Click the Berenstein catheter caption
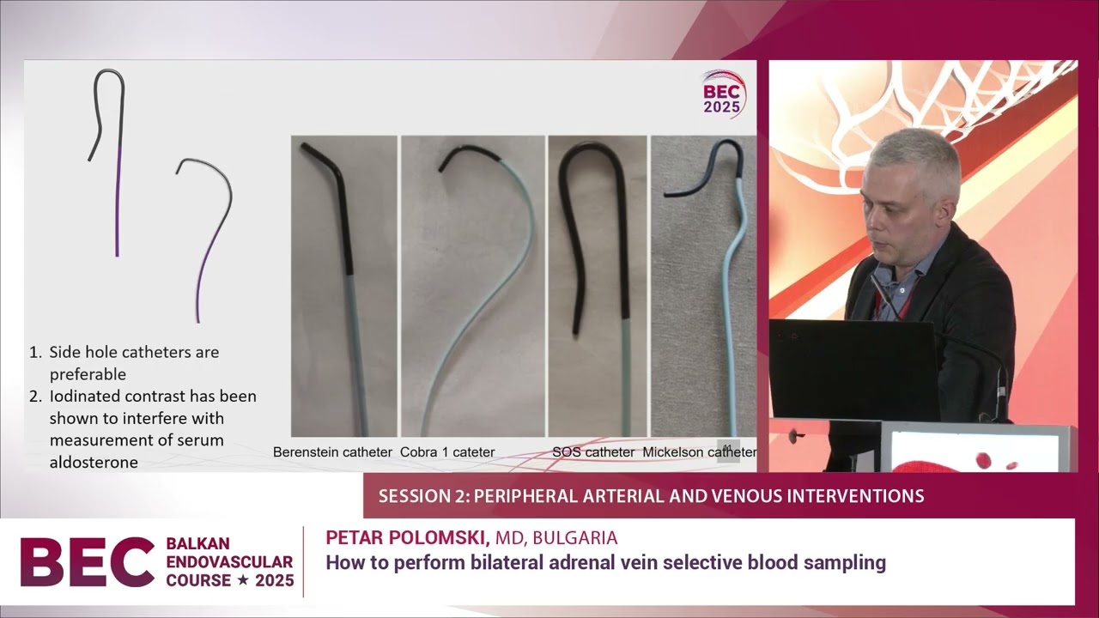point(332,451)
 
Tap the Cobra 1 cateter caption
point(447,451)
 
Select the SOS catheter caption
point(593,451)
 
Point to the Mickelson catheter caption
point(699,451)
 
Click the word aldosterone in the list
point(94,462)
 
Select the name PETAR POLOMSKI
point(407,537)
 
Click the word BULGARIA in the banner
point(574,538)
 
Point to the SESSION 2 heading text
point(651,496)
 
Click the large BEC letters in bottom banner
point(87,561)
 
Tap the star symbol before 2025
point(243,581)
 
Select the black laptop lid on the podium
point(853,369)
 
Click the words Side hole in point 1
point(82,352)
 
